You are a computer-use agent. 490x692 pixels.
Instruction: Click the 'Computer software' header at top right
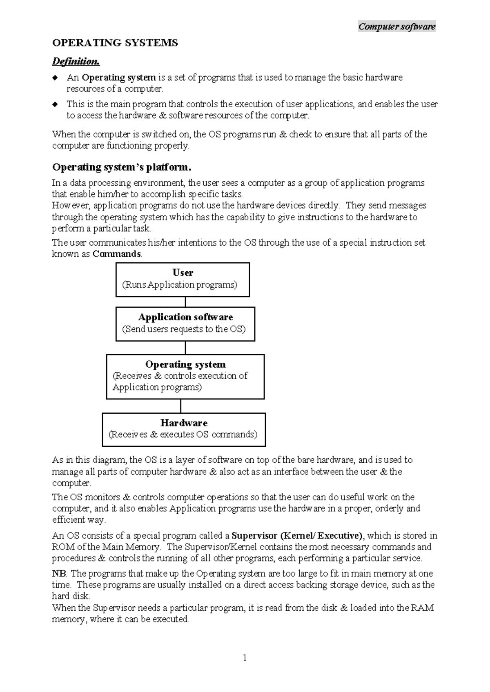396,27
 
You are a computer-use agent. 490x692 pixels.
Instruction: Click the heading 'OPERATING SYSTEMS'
115,43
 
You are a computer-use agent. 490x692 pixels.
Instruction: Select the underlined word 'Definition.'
76,61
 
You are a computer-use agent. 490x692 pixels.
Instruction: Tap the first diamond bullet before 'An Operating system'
55,78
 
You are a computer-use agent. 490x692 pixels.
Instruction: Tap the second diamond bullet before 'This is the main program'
55,104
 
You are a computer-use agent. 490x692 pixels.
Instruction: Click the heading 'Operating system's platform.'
122,167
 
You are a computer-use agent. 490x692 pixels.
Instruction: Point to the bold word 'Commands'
117,254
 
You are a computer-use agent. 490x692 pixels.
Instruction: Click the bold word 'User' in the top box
183,273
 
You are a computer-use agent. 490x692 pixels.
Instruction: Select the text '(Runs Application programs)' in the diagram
180,284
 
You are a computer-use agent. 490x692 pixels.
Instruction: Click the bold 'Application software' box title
185,317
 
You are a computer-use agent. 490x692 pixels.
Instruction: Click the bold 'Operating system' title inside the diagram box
185,364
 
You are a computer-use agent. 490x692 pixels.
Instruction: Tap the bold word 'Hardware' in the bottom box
184,423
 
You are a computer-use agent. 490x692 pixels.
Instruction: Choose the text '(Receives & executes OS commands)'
183,434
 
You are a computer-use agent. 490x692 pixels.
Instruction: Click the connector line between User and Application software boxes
185,302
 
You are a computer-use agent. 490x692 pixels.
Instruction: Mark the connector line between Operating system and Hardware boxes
180,406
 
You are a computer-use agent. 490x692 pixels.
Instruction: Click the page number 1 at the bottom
245,657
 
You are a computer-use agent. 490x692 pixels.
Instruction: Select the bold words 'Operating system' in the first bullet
119,78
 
